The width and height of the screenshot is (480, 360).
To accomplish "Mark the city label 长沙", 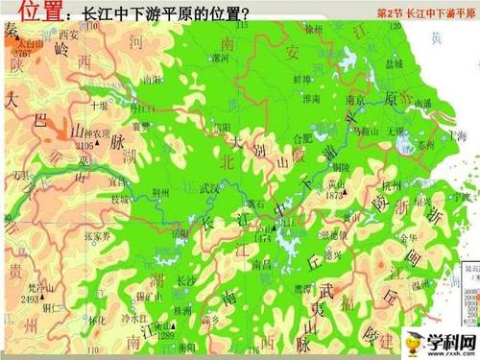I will tap(185, 280).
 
